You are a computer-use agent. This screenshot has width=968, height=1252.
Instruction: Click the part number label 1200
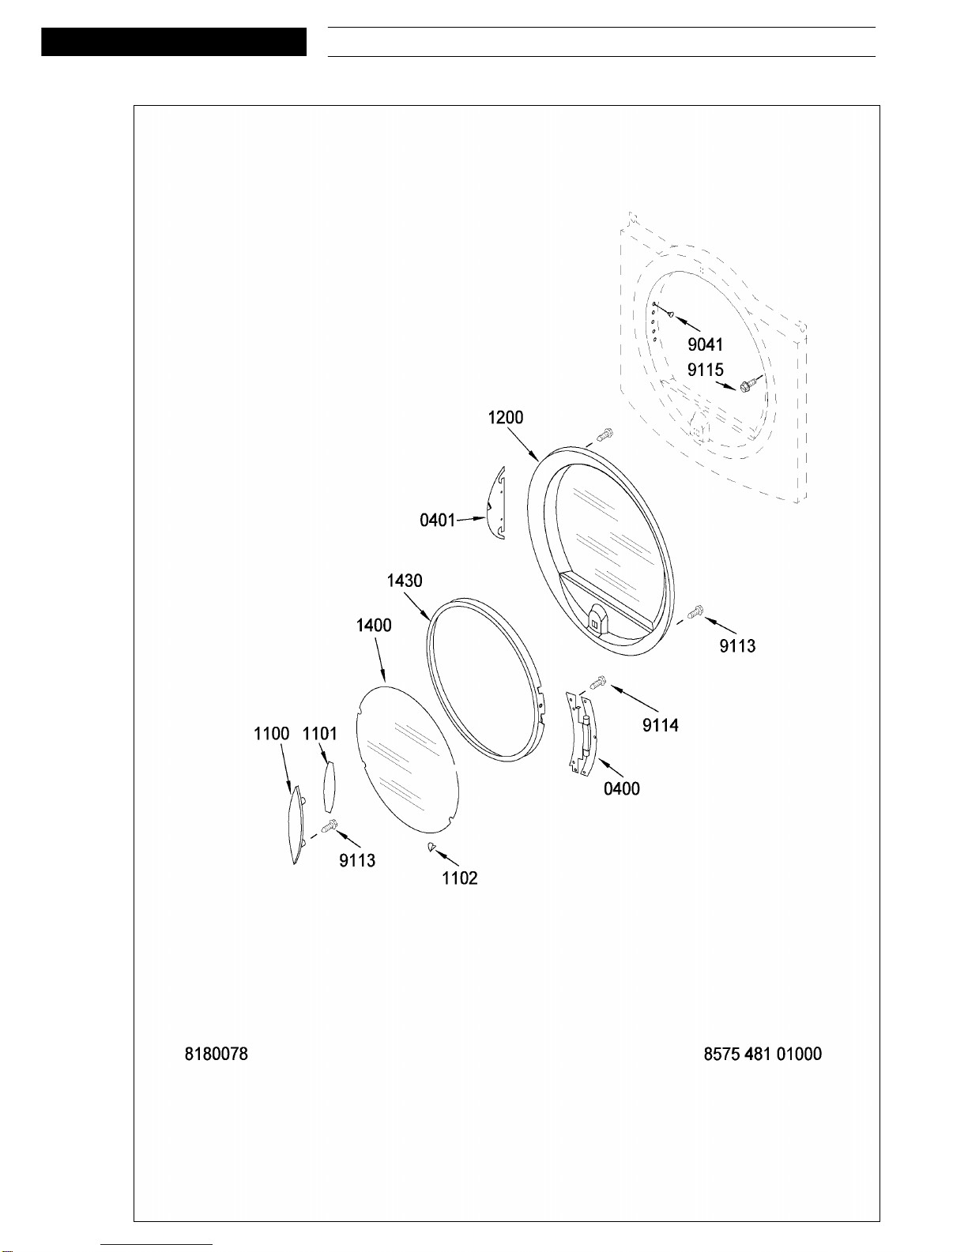[505, 417]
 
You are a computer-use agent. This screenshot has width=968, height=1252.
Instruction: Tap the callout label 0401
[437, 521]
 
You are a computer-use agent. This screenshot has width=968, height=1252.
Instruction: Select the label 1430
[405, 581]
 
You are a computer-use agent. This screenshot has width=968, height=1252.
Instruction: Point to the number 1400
[374, 625]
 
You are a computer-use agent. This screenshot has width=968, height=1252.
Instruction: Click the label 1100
[271, 734]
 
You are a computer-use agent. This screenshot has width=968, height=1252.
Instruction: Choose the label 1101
[320, 734]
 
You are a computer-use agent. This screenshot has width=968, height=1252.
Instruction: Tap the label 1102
[460, 878]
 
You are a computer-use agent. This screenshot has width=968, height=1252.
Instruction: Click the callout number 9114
[661, 725]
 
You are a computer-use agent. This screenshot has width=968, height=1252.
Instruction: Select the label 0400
[622, 788]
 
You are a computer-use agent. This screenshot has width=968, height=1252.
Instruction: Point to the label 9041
[705, 344]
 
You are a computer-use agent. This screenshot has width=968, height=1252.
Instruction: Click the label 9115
[705, 370]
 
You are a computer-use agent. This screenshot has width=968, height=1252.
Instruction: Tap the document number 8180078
[216, 1054]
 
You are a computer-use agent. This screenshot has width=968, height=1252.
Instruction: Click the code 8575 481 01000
[763, 1054]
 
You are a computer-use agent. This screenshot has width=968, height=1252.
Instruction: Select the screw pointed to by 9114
[599, 682]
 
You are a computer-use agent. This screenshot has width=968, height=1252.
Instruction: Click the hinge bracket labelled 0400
[582, 734]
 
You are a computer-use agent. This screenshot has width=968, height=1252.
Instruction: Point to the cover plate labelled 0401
[497, 503]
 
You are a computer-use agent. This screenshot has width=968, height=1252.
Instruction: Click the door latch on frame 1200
[594, 620]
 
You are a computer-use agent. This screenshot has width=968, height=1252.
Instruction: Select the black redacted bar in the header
[174, 42]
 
